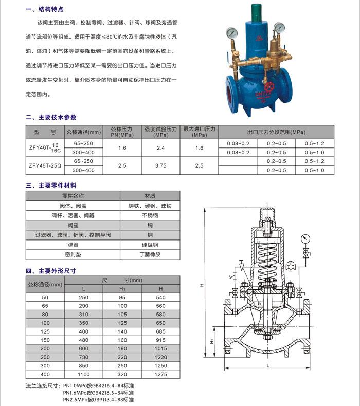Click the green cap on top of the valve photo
(257, 12)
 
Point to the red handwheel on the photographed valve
(273, 81)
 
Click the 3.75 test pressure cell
(160, 165)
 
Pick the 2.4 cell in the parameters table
(160, 147)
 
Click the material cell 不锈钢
(150, 215)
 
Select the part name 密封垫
(73, 254)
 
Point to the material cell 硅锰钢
(150, 245)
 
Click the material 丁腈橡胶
(150, 254)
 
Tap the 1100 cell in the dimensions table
(84, 375)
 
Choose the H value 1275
(160, 375)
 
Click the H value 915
(160, 339)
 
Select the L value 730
(84, 357)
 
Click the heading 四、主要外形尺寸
(55, 270)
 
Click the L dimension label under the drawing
(268, 365)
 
